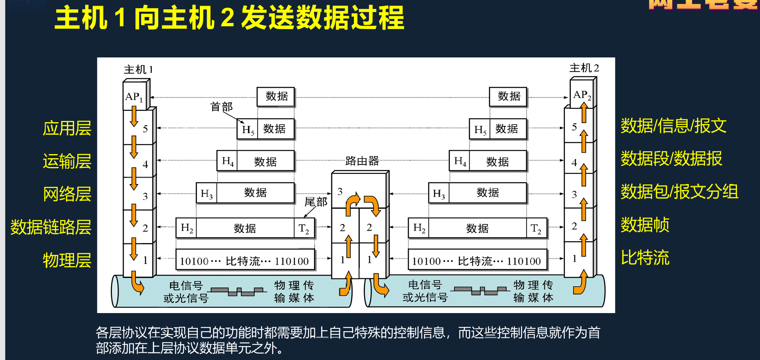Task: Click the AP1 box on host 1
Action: (134, 97)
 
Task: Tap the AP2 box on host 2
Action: (582, 95)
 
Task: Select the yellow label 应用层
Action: (67, 128)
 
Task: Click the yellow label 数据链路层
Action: (51, 227)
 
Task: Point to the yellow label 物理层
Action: (67, 260)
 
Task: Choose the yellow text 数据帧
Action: (645, 224)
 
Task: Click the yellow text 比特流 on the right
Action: (645, 258)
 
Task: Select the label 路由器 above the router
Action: (362, 161)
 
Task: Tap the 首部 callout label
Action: (221, 107)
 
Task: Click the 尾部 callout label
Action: (315, 202)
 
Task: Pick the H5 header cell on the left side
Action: (248, 129)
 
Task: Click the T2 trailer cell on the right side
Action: (536, 229)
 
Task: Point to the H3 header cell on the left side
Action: (206, 193)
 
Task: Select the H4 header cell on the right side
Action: (460, 161)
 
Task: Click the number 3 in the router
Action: (340, 191)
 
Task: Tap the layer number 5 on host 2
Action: (574, 127)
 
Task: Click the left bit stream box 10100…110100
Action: (244, 261)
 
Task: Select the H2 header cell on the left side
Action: (186, 228)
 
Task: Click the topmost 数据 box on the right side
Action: (508, 96)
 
